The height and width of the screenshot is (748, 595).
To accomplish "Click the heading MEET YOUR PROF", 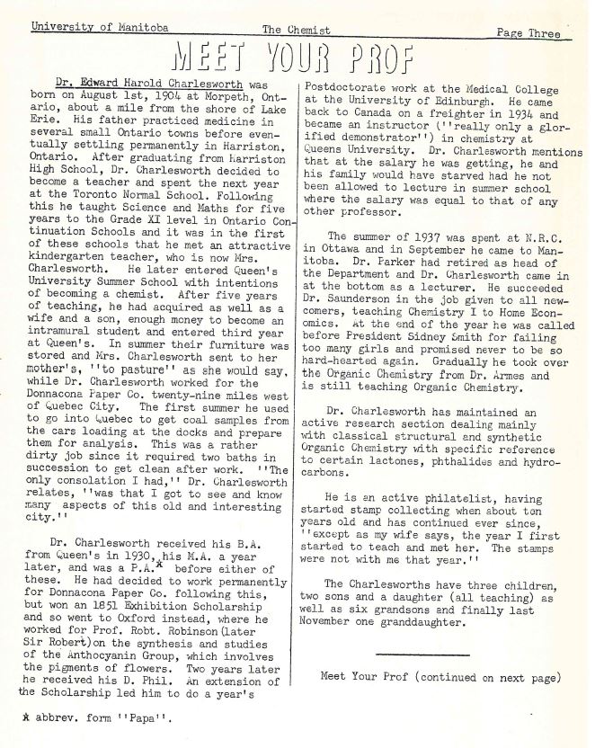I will pos(297,58).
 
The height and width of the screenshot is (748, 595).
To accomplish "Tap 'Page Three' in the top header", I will pos(528,33).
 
